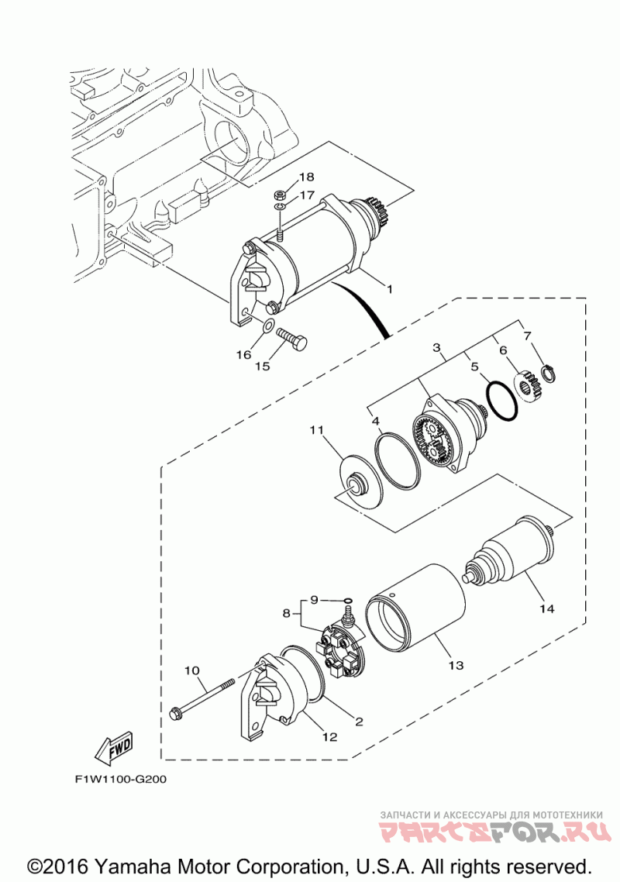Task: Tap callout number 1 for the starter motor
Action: tap(390, 289)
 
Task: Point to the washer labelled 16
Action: tap(268, 326)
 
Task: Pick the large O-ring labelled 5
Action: tap(499, 401)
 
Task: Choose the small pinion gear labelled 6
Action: tap(529, 385)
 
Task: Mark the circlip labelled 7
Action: tap(549, 374)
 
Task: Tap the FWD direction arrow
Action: tap(113, 746)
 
